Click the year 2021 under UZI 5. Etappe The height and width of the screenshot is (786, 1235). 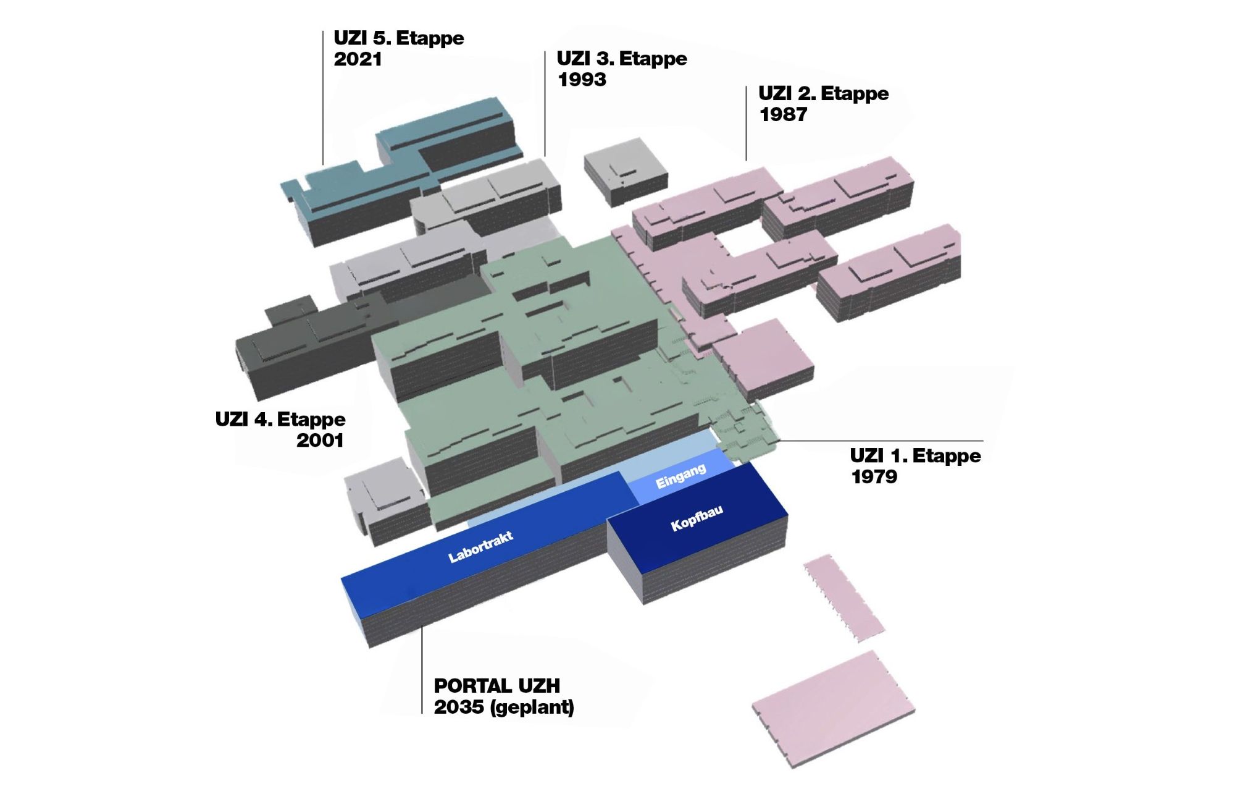(358, 59)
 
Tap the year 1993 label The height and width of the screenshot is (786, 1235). (582, 80)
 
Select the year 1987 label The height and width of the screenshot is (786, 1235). (783, 114)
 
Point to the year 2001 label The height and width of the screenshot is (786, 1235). (320, 441)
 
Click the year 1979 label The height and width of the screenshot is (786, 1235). (874, 476)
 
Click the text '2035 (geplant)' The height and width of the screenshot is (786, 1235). (504, 707)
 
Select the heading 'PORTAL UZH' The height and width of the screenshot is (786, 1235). (497, 685)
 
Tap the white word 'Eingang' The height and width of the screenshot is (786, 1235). (680, 476)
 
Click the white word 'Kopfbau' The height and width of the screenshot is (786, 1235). (697, 518)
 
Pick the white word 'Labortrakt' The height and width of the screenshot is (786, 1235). (480, 547)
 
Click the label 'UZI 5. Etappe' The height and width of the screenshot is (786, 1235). (399, 38)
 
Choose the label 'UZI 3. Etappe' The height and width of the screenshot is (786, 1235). (622, 59)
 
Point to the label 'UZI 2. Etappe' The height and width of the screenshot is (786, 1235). (824, 93)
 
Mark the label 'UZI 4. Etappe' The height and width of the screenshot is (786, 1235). (280, 420)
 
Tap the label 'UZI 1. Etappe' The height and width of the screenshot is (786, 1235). (915, 455)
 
